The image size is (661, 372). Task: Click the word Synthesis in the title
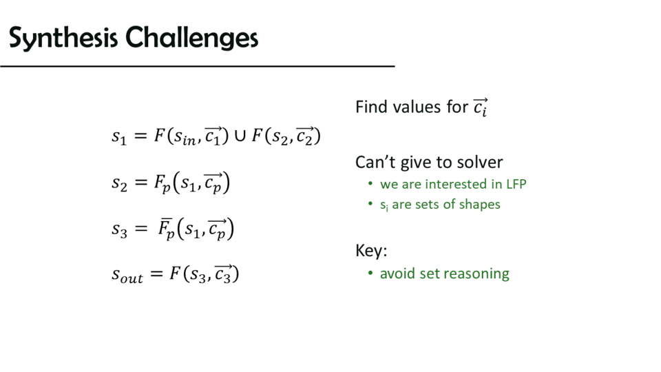point(63,38)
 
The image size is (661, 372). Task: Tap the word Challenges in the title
point(192,38)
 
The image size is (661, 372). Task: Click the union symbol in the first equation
point(240,136)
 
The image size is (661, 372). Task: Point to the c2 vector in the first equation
point(305,136)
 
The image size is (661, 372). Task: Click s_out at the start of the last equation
point(127,276)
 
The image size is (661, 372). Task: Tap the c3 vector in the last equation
point(223,273)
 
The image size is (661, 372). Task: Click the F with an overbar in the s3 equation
point(166,229)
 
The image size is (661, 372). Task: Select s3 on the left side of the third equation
point(119,230)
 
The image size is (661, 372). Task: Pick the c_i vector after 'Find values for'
point(480,107)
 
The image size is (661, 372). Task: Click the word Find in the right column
point(371,107)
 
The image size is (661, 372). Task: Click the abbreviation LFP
point(516,185)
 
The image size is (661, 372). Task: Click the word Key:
point(371,251)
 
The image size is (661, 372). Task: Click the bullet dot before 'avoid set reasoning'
point(370,273)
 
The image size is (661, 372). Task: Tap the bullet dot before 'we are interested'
point(370,183)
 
